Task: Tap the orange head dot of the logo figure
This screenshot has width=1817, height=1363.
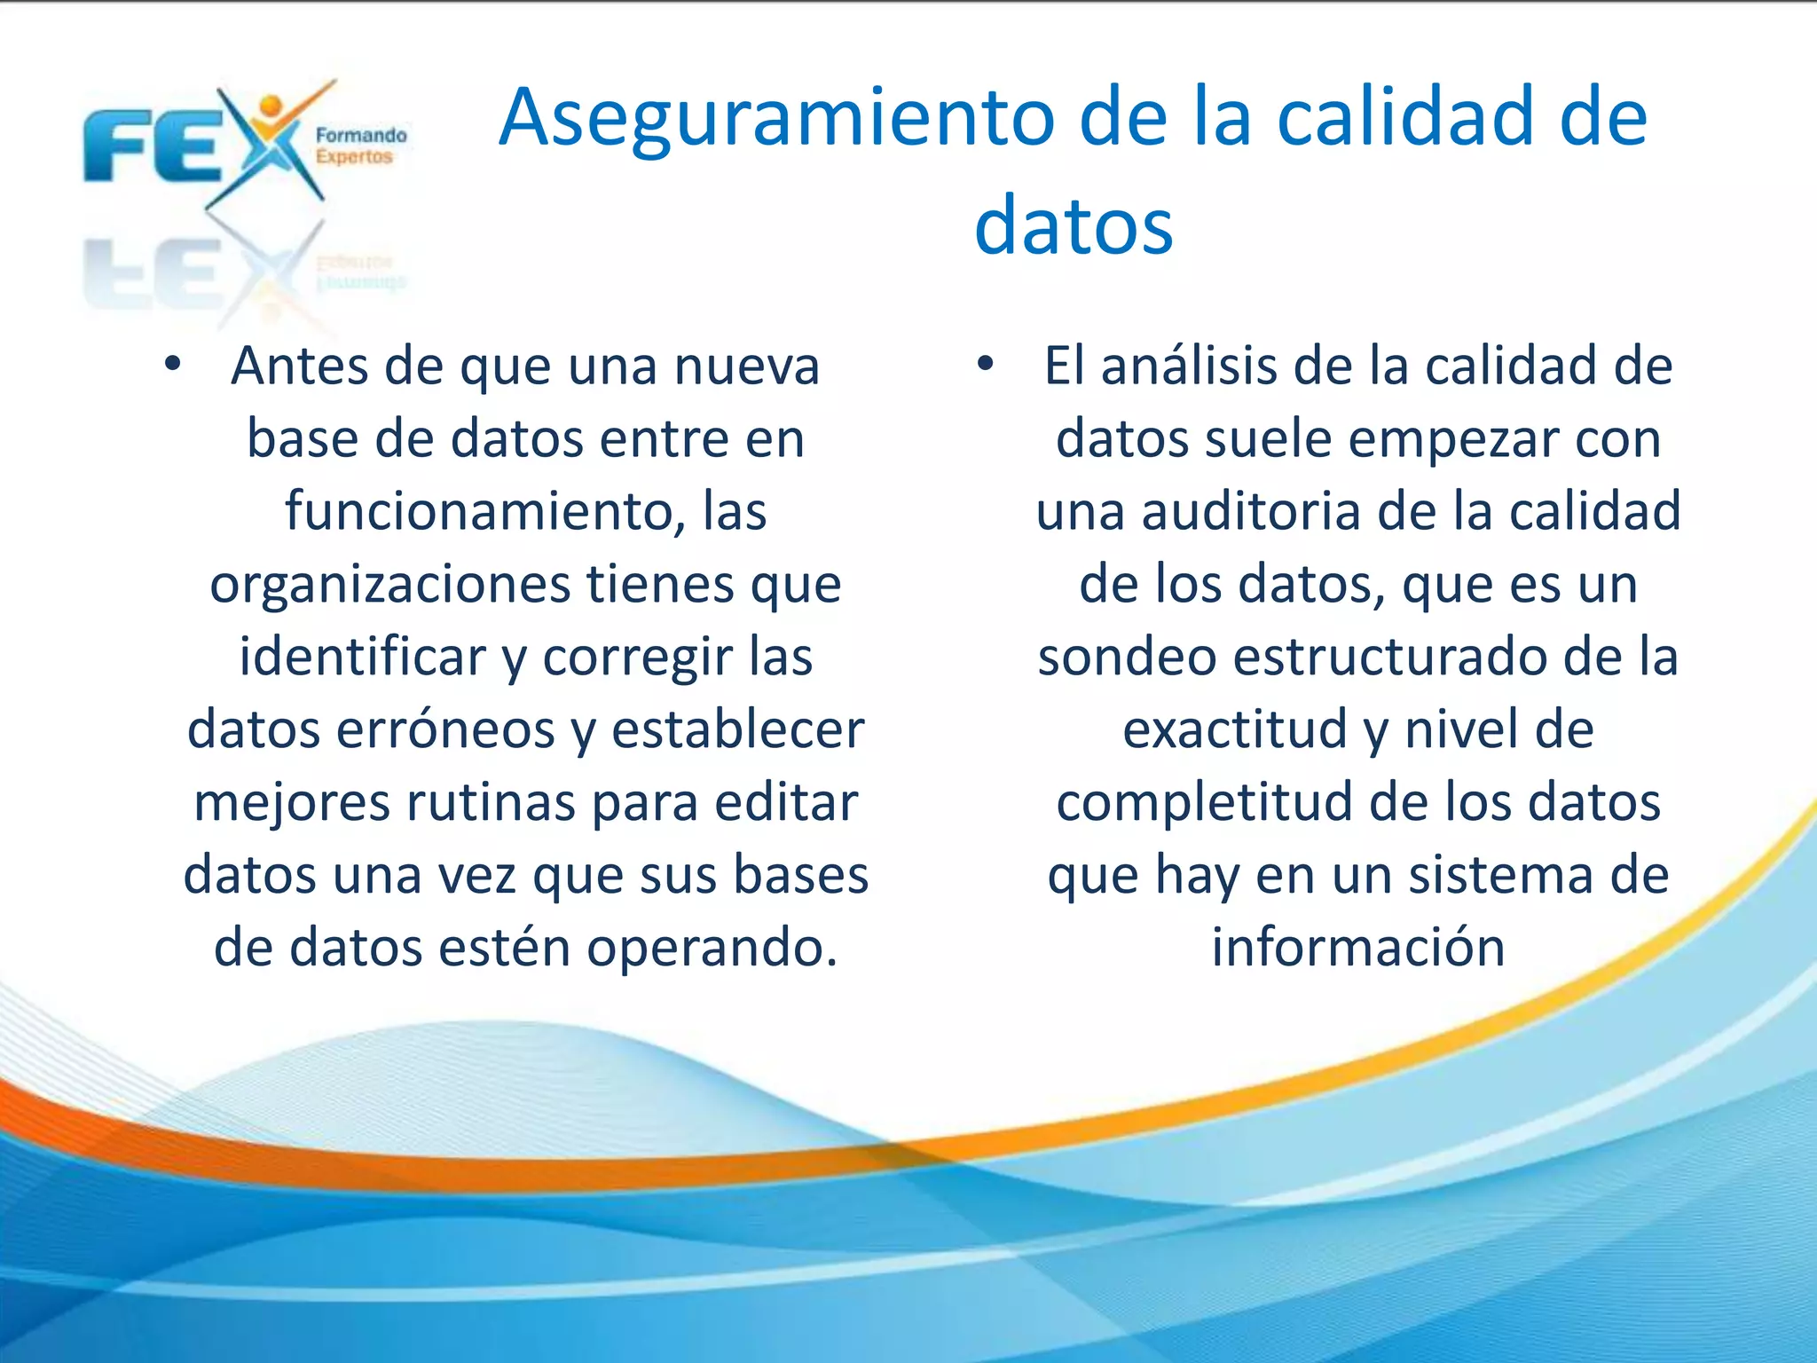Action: point(271,106)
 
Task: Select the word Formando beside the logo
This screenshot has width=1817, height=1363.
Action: point(361,136)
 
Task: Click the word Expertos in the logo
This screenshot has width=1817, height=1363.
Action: point(354,157)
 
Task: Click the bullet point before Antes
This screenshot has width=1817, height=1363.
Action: point(172,364)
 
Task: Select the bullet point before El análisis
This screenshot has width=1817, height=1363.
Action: point(985,364)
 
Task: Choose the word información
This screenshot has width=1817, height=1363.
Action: point(1358,947)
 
